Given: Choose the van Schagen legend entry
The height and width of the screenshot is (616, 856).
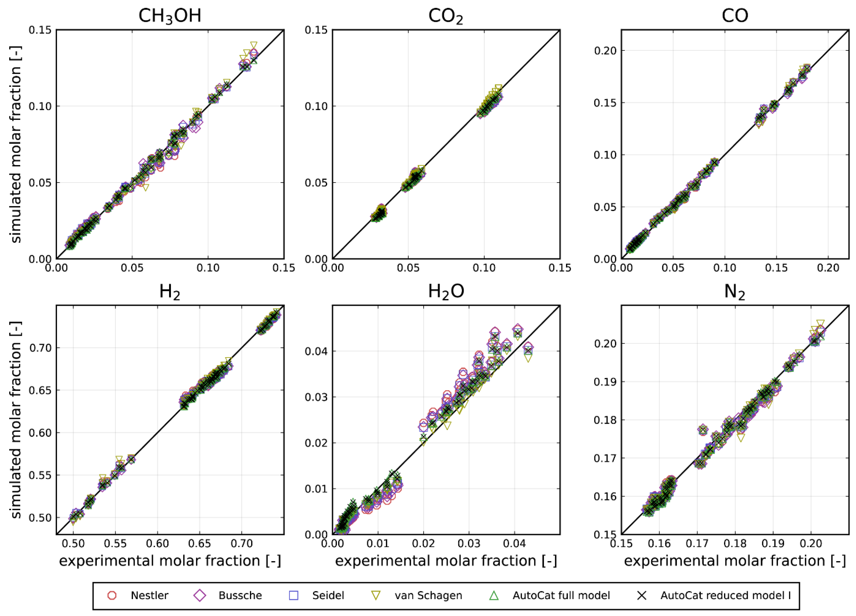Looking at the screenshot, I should [428, 596].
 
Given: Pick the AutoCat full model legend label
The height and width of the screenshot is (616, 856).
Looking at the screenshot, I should [561, 596].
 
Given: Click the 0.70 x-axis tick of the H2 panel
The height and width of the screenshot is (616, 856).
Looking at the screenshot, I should [242, 544].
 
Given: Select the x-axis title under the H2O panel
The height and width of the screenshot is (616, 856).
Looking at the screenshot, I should [446, 561].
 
